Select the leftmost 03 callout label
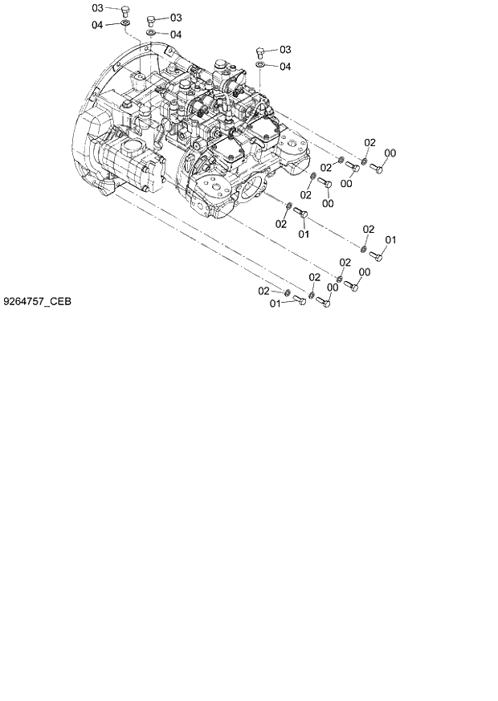pyautogui.click(x=97, y=8)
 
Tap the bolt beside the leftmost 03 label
pyautogui.click(x=124, y=11)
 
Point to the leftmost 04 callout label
pyautogui.click(x=97, y=26)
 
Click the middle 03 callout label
pyautogui.click(x=176, y=17)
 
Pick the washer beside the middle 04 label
pyautogui.click(x=150, y=34)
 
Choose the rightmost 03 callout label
pyautogui.click(x=284, y=49)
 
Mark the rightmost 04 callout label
pyautogui.click(x=284, y=67)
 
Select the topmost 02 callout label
pyautogui.click(x=369, y=142)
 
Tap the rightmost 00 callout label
pyautogui.click(x=390, y=153)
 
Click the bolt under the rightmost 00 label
pyautogui.click(x=378, y=168)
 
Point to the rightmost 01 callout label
pyautogui.click(x=391, y=240)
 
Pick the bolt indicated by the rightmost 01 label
pyautogui.click(x=378, y=255)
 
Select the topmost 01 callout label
pyautogui.click(x=304, y=234)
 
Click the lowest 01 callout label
pyautogui.click(x=275, y=304)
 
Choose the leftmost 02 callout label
pyautogui.click(x=263, y=291)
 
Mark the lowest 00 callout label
pyautogui.click(x=333, y=287)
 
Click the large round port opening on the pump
pyautogui.click(x=254, y=193)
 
